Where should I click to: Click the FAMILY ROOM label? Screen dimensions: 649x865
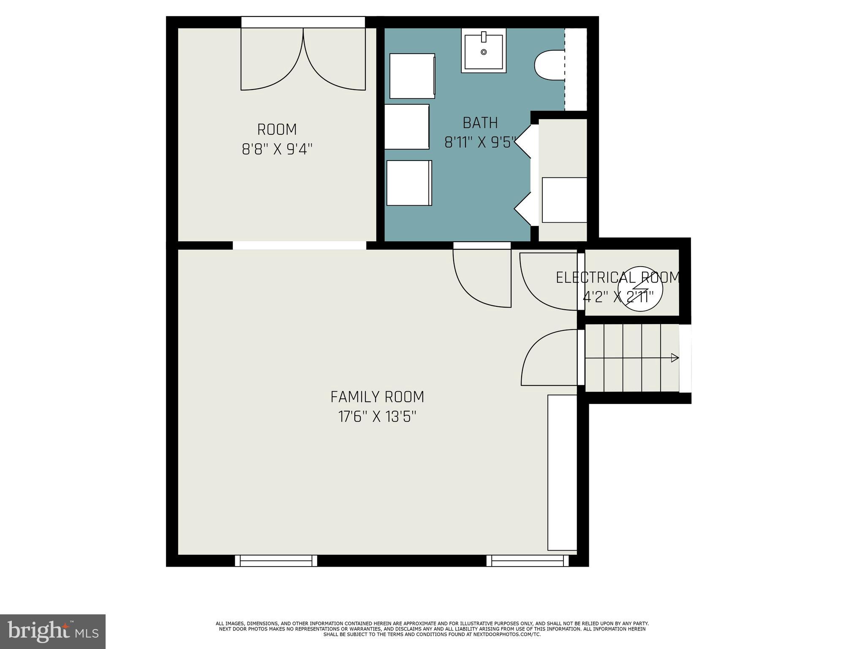(377, 397)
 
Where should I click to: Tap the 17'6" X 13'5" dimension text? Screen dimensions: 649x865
(377, 417)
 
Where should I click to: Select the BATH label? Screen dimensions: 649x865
(480, 123)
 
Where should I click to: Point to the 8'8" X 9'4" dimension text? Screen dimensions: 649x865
(277, 149)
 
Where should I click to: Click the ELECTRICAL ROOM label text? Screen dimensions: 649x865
(618, 278)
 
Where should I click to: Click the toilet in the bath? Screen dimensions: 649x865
(549, 65)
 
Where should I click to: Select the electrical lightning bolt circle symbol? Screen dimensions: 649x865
(641, 289)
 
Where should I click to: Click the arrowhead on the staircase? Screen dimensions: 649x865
(675, 358)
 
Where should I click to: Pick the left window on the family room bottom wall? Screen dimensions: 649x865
(276, 561)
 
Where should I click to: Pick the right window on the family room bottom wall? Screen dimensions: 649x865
(528, 561)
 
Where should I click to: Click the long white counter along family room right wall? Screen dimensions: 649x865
(562, 472)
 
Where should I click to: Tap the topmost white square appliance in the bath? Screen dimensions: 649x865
(412, 76)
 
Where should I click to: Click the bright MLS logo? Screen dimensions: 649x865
(53, 632)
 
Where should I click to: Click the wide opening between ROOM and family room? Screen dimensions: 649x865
(299, 245)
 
